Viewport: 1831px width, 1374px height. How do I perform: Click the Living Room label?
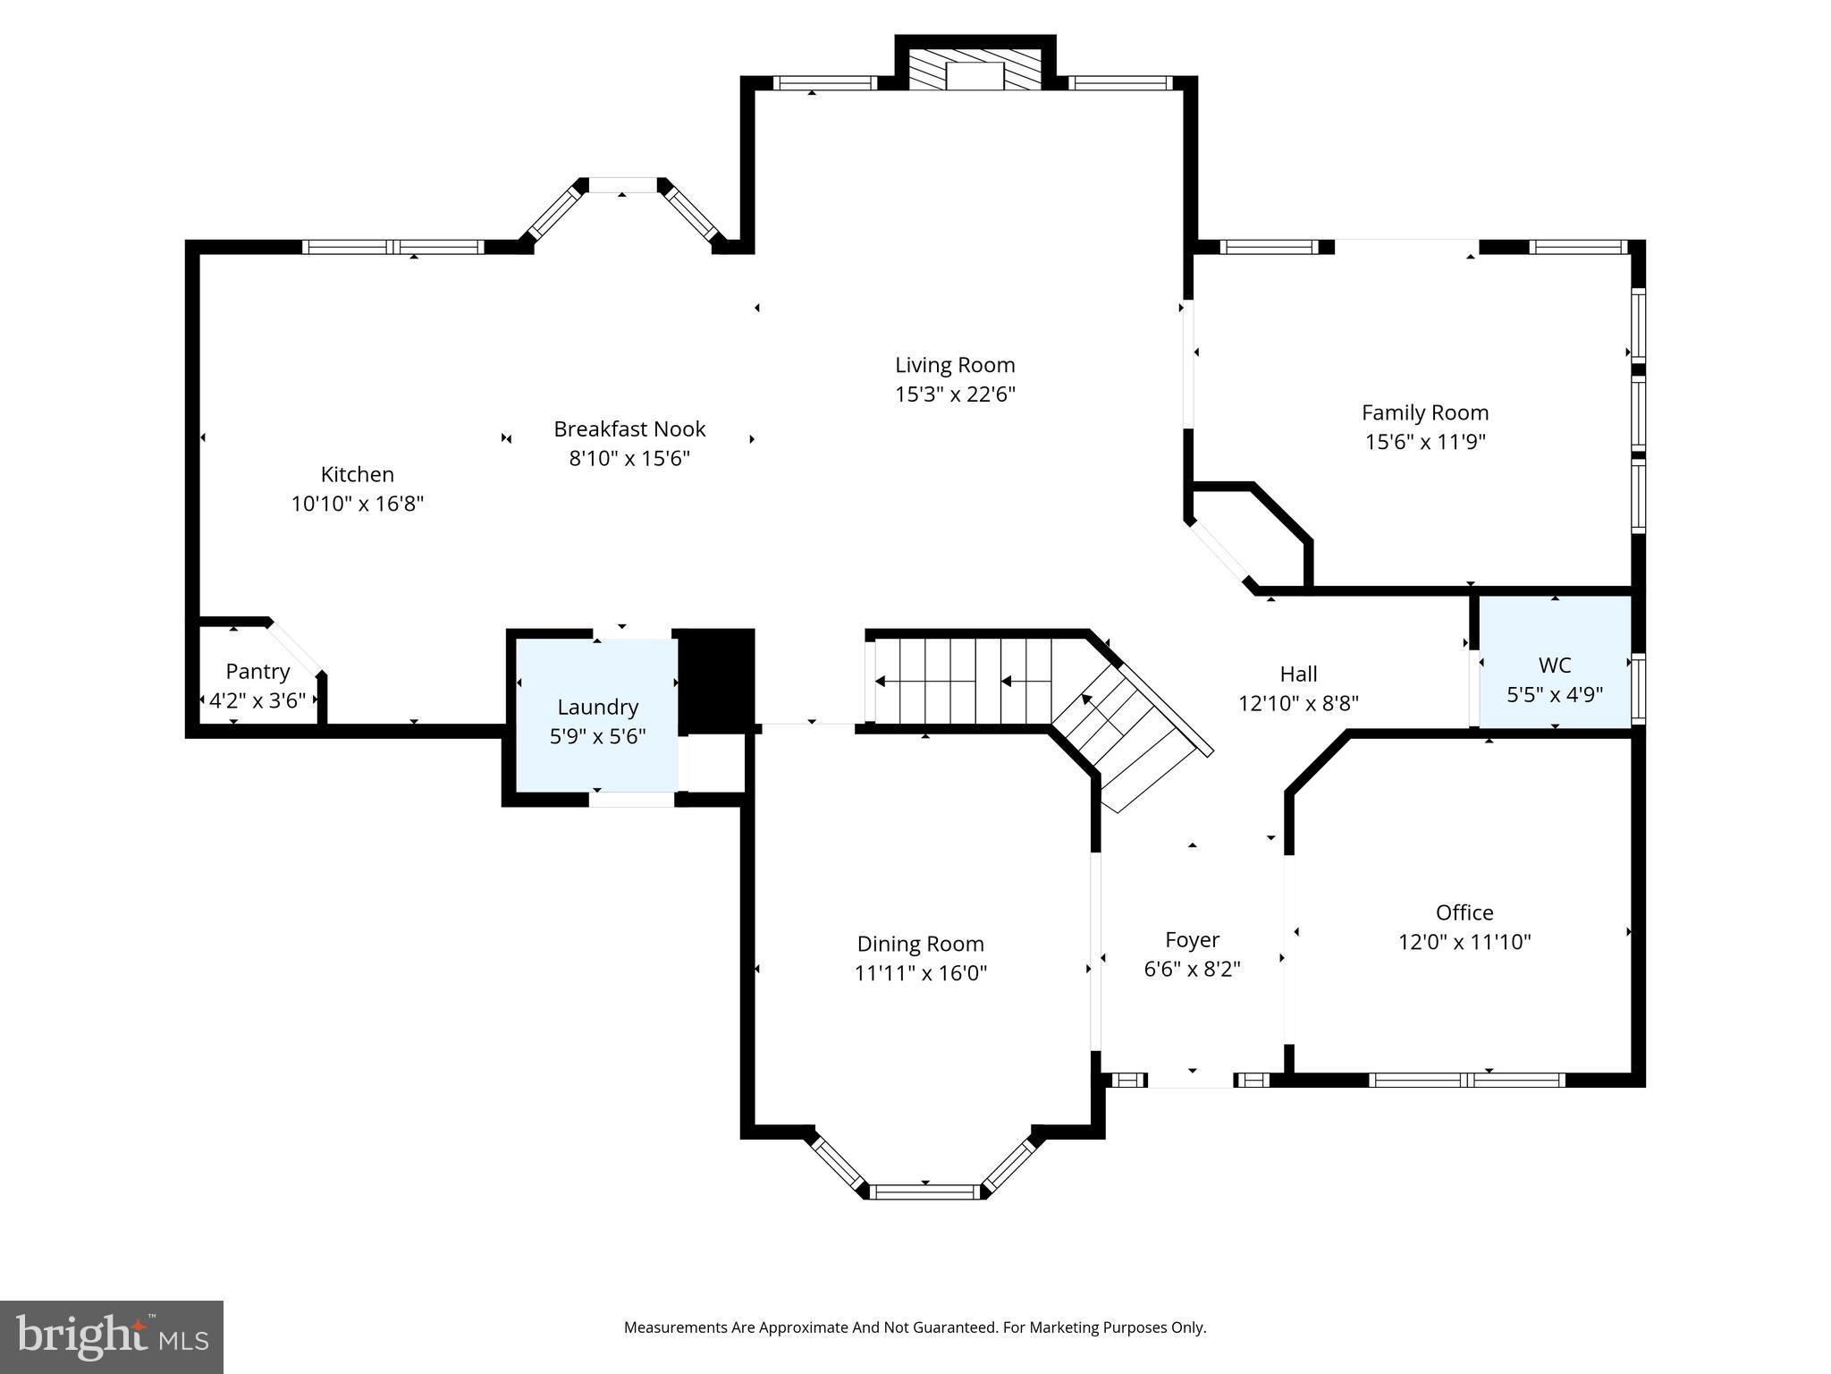pyautogui.click(x=955, y=365)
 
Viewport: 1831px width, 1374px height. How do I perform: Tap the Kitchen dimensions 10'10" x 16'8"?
pyautogui.click(x=357, y=504)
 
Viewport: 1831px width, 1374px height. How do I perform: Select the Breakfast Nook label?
pyautogui.click(x=629, y=429)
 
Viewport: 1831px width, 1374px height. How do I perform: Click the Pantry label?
pyautogui.click(x=257, y=672)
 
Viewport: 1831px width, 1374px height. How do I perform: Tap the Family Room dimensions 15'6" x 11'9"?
pyautogui.click(x=1425, y=442)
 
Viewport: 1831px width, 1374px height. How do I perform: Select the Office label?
pyautogui.click(x=1464, y=912)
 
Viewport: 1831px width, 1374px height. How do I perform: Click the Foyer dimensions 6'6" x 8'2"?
pyautogui.click(x=1192, y=969)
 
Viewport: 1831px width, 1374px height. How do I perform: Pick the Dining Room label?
pyautogui.click(x=920, y=944)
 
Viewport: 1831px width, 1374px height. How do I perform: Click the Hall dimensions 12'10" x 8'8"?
pyautogui.click(x=1298, y=703)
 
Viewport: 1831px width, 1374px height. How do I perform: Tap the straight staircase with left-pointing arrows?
pyautogui.click(x=962, y=682)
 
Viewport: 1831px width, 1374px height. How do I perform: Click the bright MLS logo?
pyautogui.click(x=112, y=1336)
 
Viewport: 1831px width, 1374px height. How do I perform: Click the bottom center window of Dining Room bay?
pyautogui.click(x=925, y=1192)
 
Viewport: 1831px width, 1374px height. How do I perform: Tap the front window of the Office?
pyautogui.click(x=1466, y=1080)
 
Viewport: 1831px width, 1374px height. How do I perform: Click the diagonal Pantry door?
pyautogui.click(x=295, y=648)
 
